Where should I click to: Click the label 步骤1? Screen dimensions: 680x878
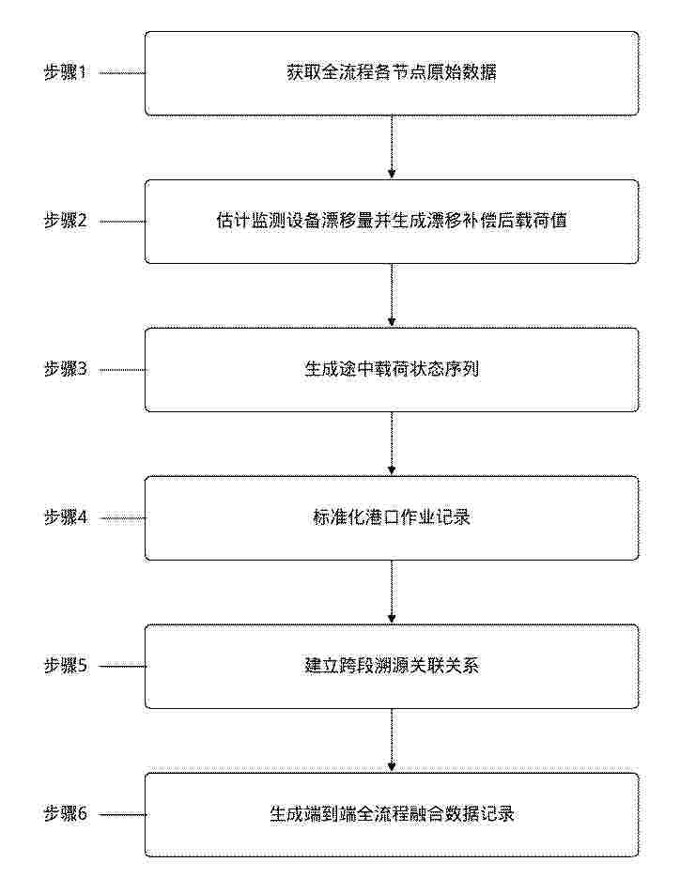pyautogui.click(x=66, y=73)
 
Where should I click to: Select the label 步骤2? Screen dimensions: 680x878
pyautogui.click(x=66, y=222)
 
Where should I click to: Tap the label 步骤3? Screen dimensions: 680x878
pyautogui.click(x=66, y=370)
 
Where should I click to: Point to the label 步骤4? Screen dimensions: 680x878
pyautogui.click(x=66, y=517)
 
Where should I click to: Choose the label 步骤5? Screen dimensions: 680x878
pyautogui.click(x=66, y=666)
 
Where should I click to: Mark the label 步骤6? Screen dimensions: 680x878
pyautogui.click(x=66, y=813)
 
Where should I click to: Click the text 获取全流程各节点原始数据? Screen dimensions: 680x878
pyautogui.click(x=392, y=73)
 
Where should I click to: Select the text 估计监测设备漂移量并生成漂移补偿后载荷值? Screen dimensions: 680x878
pyautogui.click(x=392, y=221)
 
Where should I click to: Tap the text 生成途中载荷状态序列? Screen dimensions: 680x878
pyautogui.click(x=392, y=369)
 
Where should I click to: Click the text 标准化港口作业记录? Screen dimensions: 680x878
pyautogui.click(x=392, y=517)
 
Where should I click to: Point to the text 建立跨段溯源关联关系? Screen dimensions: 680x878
pyautogui.click(x=392, y=666)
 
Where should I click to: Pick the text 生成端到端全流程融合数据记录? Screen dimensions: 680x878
pyautogui.click(x=392, y=813)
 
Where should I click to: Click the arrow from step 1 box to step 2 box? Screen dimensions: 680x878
pyautogui.click(x=392, y=147)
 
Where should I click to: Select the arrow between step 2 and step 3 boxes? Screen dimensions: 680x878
pyautogui.click(x=392, y=296)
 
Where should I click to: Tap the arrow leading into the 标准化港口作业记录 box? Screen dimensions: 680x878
pyautogui.click(x=392, y=444)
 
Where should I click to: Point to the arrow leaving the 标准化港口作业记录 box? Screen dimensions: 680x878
pyautogui.click(x=392, y=592)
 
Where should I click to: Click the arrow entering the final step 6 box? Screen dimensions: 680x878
pyautogui.click(x=392, y=740)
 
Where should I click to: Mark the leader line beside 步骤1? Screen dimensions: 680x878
pyautogui.click(x=122, y=73)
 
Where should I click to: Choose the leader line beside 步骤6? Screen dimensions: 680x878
pyautogui.click(x=122, y=814)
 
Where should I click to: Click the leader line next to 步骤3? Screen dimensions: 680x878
pyautogui.click(x=122, y=370)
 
